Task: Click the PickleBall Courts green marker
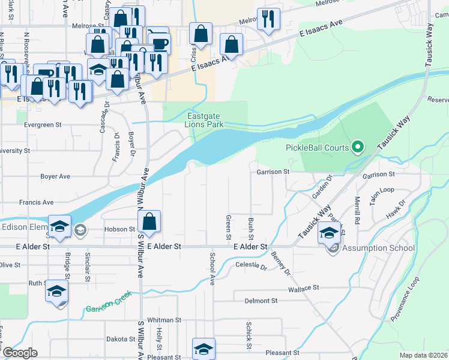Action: [358, 146]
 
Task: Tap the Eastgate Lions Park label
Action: [205, 120]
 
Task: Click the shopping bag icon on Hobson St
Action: [149, 222]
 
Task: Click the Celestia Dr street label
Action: [252, 265]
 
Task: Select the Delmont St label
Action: [261, 301]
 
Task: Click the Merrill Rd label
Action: [357, 210]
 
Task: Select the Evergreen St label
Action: [43, 125]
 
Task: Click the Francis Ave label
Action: [36, 203]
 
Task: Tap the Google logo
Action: [20, 353]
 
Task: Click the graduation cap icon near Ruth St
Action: [56, 292]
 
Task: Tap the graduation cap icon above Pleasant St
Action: [203, 349]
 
